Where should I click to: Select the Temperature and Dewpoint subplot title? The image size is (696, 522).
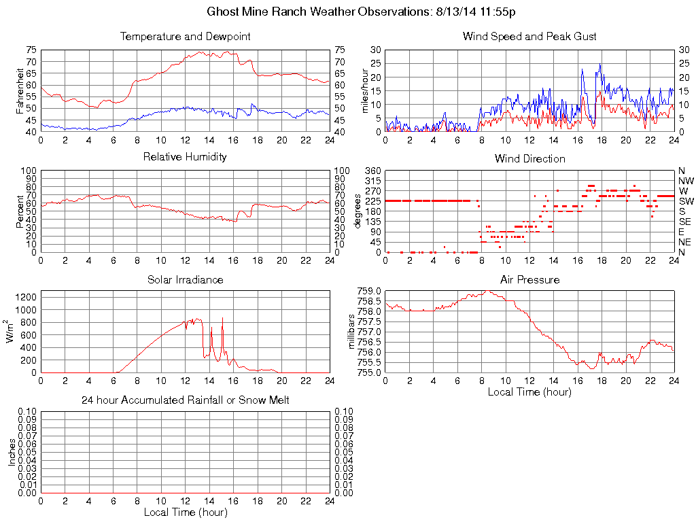185,37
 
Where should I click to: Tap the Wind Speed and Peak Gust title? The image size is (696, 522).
529,37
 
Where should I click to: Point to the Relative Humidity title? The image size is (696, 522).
185,157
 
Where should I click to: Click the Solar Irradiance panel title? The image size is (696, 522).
185,279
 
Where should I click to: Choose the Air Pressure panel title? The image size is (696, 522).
529,279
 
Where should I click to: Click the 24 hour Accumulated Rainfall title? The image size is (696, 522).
185,400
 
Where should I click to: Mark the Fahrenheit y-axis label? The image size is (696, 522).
21,91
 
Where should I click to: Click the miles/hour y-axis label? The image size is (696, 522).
366,91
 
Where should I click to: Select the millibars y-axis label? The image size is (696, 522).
351,331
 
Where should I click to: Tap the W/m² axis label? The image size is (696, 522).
12,331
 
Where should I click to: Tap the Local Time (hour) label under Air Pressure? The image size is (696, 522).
529,391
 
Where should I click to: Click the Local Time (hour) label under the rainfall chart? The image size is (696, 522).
185,512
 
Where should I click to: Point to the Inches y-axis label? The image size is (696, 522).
12,452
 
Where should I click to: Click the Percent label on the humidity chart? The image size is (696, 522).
21,211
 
